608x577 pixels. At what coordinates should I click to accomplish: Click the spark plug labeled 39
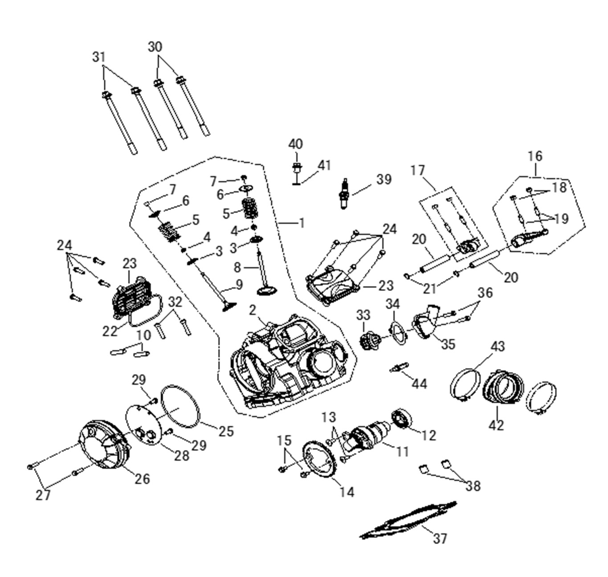coord(344,194)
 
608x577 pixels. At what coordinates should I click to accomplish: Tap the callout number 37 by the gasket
coord(440,538)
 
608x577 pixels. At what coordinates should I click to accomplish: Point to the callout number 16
coord(535,156)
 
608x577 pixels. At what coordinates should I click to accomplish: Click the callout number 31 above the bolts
coord(99,57)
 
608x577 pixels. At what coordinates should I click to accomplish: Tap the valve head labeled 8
coord(267,291)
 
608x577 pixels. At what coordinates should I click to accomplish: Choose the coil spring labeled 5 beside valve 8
coord(250,208)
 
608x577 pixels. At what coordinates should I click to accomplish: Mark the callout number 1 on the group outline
coord(302,223)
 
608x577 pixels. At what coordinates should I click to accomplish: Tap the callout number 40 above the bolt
coord(295,144)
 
